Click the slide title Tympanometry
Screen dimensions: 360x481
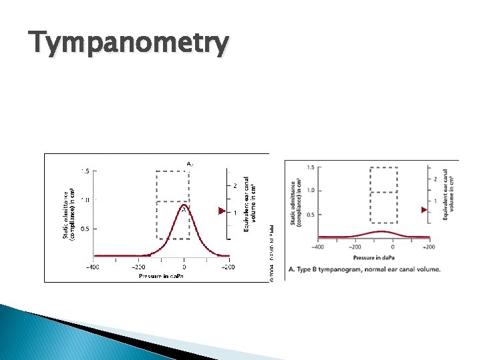coord(128,45)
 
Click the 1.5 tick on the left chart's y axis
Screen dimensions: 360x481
coord(85,171)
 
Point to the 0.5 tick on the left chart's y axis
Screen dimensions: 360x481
coord(85,229)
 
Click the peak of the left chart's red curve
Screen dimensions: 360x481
coord(184,208)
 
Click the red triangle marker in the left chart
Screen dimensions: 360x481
coord(223,211)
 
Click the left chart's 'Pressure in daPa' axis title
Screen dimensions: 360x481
coord(161,276)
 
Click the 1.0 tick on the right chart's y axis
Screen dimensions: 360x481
coord(310,191)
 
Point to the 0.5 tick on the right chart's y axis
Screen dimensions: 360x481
coord(310,215)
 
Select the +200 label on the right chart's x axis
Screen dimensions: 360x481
coord(428,247)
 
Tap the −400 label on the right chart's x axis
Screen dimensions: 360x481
coord(319,247)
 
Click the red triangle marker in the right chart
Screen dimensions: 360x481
coord(424,209)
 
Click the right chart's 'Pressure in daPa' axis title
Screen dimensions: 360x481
coord(373,256)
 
